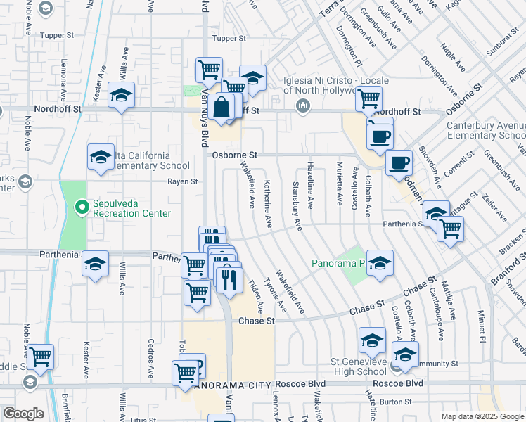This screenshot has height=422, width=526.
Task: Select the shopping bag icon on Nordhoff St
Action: [x=222, y=108]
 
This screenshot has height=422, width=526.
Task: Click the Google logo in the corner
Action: [x=23, y=414]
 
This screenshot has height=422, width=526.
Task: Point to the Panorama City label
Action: [x=224, y=385]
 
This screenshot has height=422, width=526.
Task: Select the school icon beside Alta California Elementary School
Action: [x=100, y=158]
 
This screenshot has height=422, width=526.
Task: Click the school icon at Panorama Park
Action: [x=380, y=263]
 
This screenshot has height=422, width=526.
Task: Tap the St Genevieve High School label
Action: [x=349, y=366]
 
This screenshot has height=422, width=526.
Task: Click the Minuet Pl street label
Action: [x=482, y=321]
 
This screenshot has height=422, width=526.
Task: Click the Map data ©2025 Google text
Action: [x=482, y=416]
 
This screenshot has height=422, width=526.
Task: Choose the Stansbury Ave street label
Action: [x=296, y=204]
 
